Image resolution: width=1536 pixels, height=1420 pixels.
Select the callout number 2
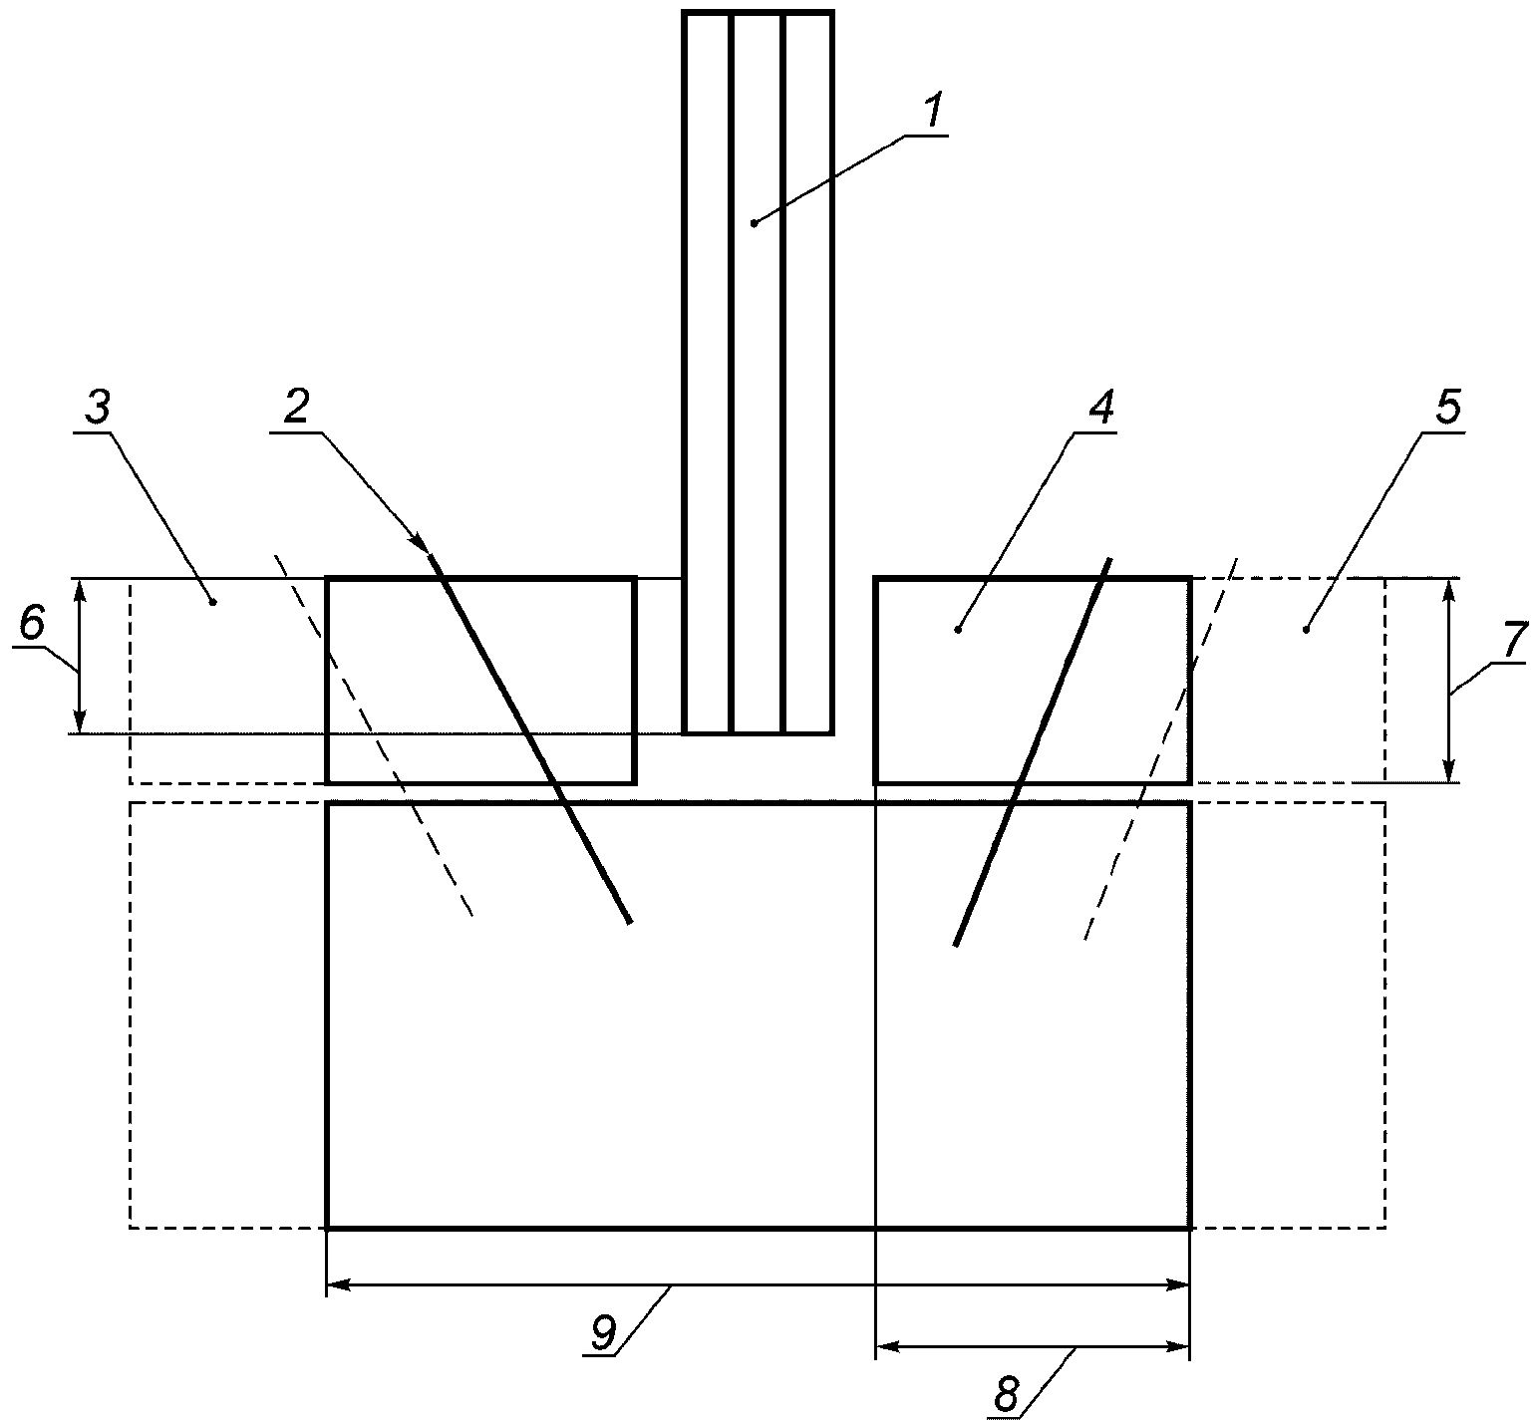(x=296, y=407)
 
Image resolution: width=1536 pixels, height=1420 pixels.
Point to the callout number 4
(x=1100, y=407)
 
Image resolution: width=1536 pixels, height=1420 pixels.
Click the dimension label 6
(x=32, y=624)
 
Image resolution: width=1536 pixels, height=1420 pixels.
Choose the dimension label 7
(x=1513, y=638)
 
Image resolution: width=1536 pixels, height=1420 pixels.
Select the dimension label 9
(x=603, y=1332)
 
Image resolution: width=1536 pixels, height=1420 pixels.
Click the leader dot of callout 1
(x=755, y=223)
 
